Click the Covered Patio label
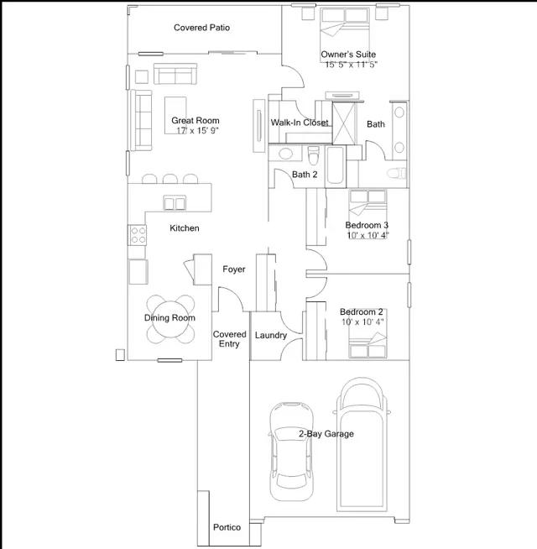[x=201, y=28]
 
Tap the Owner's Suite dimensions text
[x=351, y=65]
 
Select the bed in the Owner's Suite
[x=345, y=34]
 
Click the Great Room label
[x=196, y=120]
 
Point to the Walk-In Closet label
[x=300, y=123]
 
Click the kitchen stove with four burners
[x=138, y=235]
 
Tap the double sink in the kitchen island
[x=175, y=202]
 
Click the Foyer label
[x=234, y=269]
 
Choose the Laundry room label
[x=271, y=336]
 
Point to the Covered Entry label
[x=230, y=339]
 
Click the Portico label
[x=227, y=527]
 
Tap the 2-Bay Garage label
[x=326, y=434]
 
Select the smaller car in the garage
[x=291, y=452]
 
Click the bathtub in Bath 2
[x=336, y=165]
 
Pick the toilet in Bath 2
[x=313, y=154]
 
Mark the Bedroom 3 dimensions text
[x=368, y=235]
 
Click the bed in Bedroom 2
[x=368, y=333]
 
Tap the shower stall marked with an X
[x=343, y=123]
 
